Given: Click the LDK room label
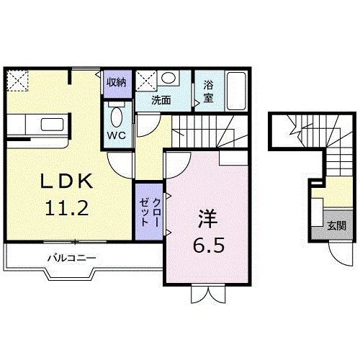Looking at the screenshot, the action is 66,181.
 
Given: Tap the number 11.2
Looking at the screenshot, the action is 67,208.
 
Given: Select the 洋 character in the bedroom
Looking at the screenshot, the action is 207,219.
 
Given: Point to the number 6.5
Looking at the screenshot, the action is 209,245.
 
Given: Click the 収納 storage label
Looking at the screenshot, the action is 117,82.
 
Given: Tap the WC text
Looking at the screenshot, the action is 117,135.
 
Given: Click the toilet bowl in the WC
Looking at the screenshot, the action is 117,117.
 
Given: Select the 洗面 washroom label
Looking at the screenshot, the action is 161,100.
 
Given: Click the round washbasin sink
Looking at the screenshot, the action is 168,77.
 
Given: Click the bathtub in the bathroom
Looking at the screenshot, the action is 236,91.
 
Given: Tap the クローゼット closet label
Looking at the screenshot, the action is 149,212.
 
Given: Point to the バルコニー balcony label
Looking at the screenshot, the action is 72,258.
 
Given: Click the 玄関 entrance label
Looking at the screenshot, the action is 337,226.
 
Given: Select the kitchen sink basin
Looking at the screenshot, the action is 53,125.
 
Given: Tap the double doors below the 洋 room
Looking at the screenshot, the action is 208,294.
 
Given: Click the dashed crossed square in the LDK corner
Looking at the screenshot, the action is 17,81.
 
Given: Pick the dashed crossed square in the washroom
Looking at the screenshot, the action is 146,81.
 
